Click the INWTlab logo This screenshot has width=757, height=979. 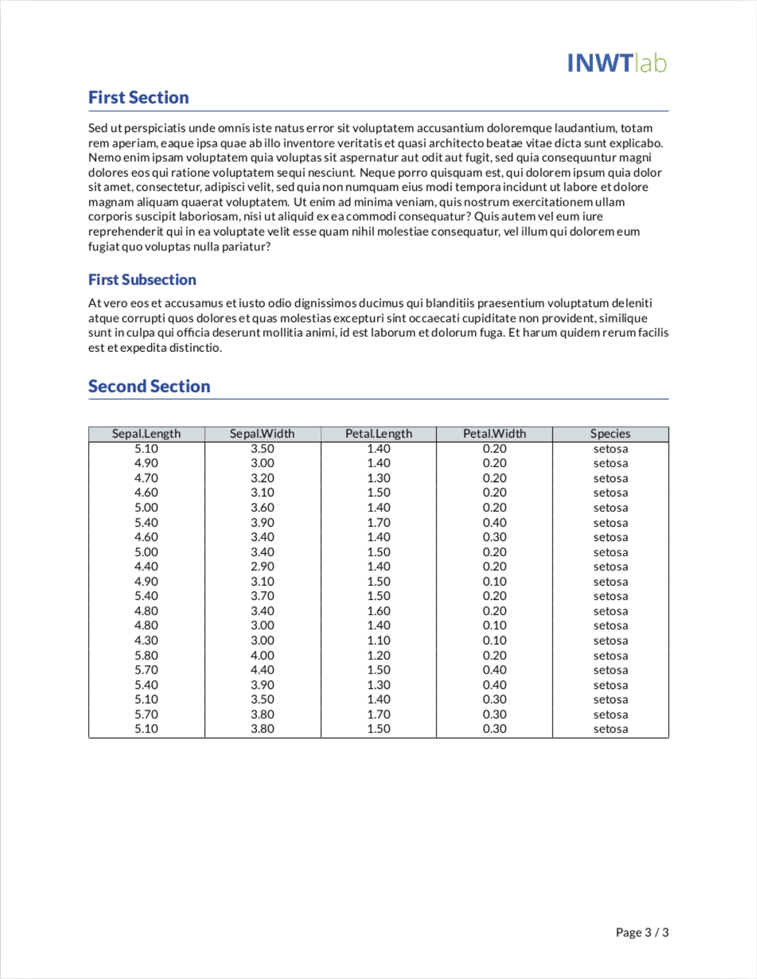(x=616, y=63)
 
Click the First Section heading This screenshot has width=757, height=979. (x=138, y=98)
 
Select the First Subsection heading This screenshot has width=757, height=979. (x=142, y=279)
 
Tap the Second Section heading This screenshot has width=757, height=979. (x=149, y=386)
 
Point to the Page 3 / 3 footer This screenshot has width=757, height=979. (x=642, y=932)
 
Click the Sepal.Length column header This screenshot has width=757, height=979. (x=146, y=434)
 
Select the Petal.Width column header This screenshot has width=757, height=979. (x=494, y=434)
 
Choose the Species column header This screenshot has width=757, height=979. (x=610, y=434)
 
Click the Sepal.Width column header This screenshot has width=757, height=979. (x=262, y=434)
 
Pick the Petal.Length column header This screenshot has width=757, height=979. (x=378, y=434)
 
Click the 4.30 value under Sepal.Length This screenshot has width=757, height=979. (x=146, y=641)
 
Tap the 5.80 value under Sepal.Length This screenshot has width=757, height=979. (x=146, y=655)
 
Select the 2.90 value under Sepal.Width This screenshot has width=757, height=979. (x=262, y=566)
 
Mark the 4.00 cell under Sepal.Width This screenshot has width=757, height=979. (x=262, y=655)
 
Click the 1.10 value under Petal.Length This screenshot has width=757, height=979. (x=378, y=641)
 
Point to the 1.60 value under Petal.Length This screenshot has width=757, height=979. (x=378, y=611)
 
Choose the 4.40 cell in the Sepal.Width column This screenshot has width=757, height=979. (x=262, y=670)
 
